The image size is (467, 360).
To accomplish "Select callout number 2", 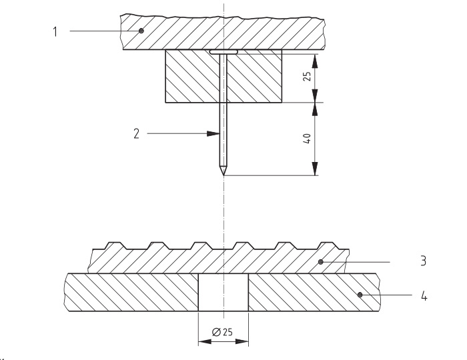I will coord(137,133).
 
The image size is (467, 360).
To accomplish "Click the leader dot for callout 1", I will coord(141,31).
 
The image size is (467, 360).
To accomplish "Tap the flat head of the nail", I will coord(223,51).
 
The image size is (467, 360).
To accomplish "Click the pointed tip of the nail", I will coord(223,175).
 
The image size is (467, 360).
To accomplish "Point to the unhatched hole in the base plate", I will coord(223,292).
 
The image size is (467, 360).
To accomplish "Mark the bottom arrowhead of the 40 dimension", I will coord(314,172).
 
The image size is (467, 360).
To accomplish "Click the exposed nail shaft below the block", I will coord(223,133).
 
